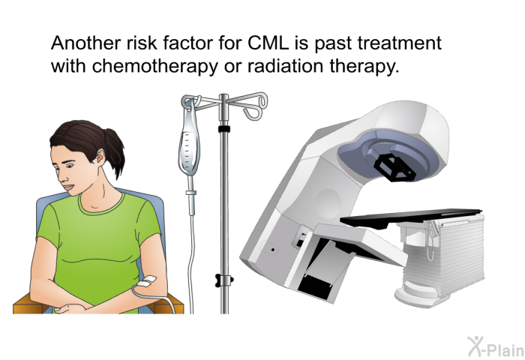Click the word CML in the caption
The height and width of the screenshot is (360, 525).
pos(268,43)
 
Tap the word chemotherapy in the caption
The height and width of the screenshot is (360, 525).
pos(154,66)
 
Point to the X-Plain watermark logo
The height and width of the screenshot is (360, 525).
pos(496,346)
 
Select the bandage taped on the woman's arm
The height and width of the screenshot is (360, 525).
pos(147,280)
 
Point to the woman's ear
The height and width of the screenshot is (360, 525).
pos(100,155)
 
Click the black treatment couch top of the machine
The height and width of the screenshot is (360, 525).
pos(410,217)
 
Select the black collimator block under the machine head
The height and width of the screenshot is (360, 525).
pos(394,167)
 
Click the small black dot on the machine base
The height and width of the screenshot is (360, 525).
pos(273,250)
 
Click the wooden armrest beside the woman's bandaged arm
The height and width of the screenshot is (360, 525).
pos(171,304)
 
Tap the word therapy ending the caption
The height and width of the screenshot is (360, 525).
pos(362,66)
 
